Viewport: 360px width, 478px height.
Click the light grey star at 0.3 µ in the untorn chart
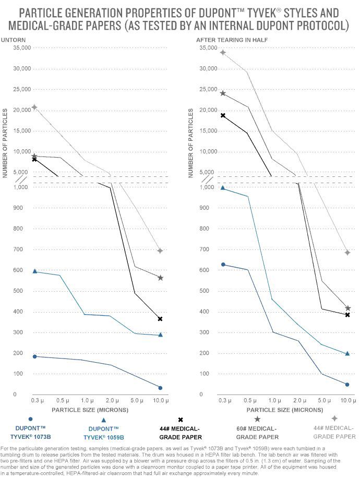click(x=34, y=107)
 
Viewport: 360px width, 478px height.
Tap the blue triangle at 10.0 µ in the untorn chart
click(x=160, y=334)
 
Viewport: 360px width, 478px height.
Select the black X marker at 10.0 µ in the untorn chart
click(x=160, y=318)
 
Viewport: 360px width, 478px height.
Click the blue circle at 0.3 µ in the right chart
click(x=223, y=265)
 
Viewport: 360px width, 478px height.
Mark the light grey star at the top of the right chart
click(x=223, y=52)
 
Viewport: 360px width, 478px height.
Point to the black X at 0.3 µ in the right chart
click(x=223, y=115)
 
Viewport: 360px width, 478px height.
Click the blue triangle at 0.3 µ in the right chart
click(x=223, y=188)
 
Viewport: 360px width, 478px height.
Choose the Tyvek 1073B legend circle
click(x=31, y=419)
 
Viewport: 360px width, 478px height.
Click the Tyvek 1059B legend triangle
click(x=104, y=420)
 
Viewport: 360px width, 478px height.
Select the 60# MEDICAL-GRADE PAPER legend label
click(x=257, y=433)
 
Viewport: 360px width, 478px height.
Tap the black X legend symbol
click(x=181, y=420)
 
